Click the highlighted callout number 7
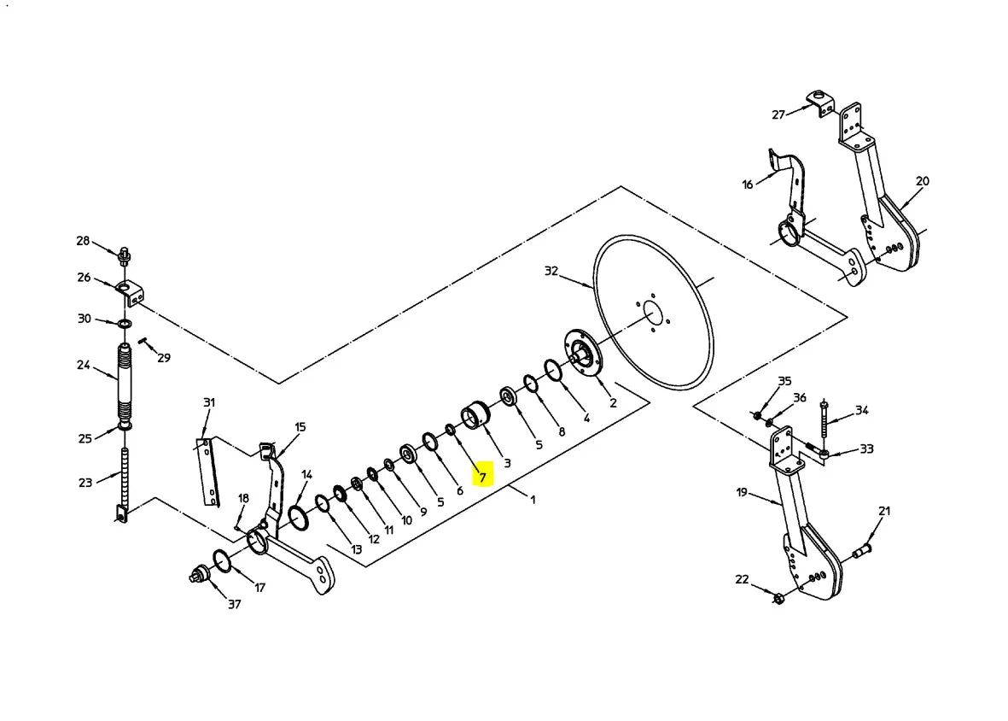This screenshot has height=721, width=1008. click(483, 478)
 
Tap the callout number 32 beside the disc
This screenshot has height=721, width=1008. click(551, 271)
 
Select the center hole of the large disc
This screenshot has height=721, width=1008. click(652, 314)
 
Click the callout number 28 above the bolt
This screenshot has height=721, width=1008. click(83, 241)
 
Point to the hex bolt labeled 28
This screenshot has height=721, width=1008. click(125, 256)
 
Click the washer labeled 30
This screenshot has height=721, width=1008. click(125, 322)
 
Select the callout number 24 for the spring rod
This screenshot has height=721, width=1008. click(84, 365)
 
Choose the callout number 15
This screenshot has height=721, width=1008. click(300, 427)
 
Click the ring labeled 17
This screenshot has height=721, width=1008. click(221, 560)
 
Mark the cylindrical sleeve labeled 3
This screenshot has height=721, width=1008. click(475, 416)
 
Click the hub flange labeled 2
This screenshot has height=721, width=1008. click(582, 355)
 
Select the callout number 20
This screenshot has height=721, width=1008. click(923, 181)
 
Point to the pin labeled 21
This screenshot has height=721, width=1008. click(861, 550)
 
